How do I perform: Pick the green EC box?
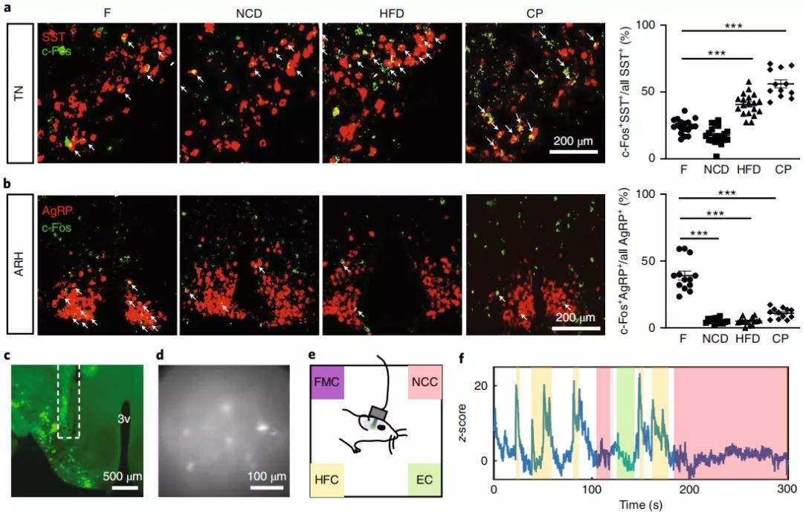tap(424, 480)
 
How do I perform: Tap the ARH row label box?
tap(19, 264)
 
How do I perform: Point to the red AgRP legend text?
tap(59, 212)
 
